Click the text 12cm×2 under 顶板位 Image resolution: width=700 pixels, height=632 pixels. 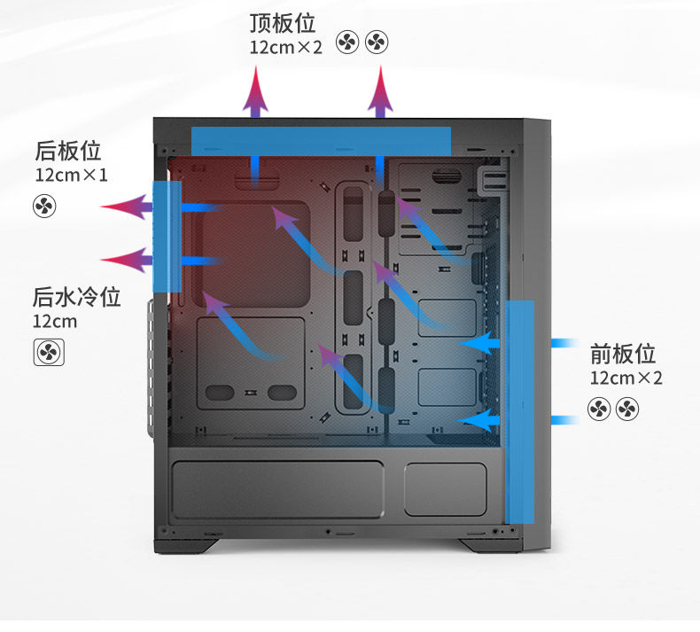[x=285, y=46]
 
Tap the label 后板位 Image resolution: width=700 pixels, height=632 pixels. [x=67, y=150]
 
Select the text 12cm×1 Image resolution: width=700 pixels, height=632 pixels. [x=71, y=175]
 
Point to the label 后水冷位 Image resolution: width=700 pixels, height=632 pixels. [x=76, y=297]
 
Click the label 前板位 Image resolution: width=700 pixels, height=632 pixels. [x=623, y=355]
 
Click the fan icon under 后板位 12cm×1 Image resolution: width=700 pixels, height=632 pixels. [x=44, y=207]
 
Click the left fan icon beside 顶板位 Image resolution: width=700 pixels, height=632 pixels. [x=348, y=42]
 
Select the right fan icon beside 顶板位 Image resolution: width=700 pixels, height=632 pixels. [x=377, y=42]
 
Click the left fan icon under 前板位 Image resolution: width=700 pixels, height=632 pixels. [x=599, y=409]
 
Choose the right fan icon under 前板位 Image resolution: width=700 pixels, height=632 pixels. [x=627, y=409]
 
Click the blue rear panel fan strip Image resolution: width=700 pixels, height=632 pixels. [x=167, y=235]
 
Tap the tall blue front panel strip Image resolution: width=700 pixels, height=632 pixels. [x=519, y=410]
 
